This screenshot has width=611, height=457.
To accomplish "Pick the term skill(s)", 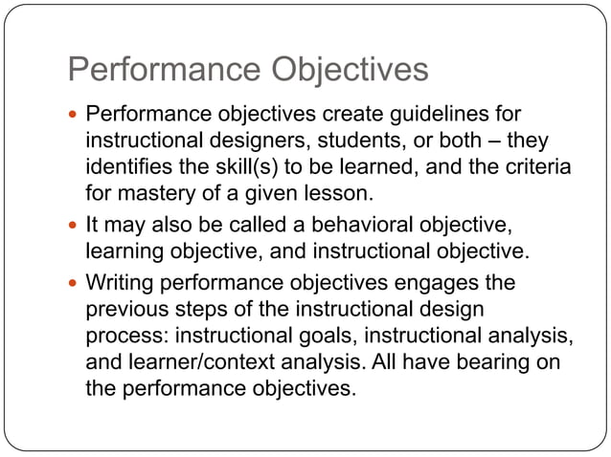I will pos(257,167).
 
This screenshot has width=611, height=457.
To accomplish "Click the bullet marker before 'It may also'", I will pos(74,227).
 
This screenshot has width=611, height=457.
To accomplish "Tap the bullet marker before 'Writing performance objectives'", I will pos(74,284).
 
